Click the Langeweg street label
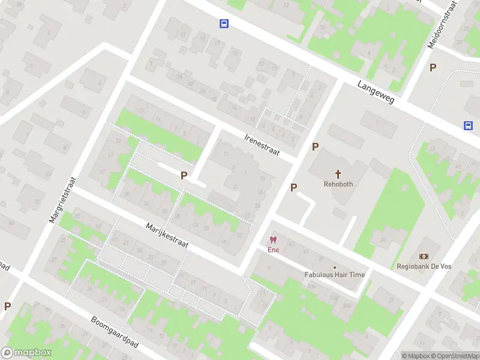(x=376, y=92)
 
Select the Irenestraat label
(x=262, y=144)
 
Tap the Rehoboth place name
(x=338, y=184)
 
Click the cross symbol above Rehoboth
(x=338, y=174)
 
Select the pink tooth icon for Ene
(x=274, y=240)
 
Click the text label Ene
(x=274, y=250)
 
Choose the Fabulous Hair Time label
(x=334, y=275)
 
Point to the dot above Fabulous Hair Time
(x=334, y=267)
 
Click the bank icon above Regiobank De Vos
(x=424, y=256)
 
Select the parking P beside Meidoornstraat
(x=433, y=68)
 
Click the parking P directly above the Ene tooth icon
(x=293, y=188)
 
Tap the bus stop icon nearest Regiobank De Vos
(x=467, y=125)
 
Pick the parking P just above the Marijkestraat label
(x=184, y=176)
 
